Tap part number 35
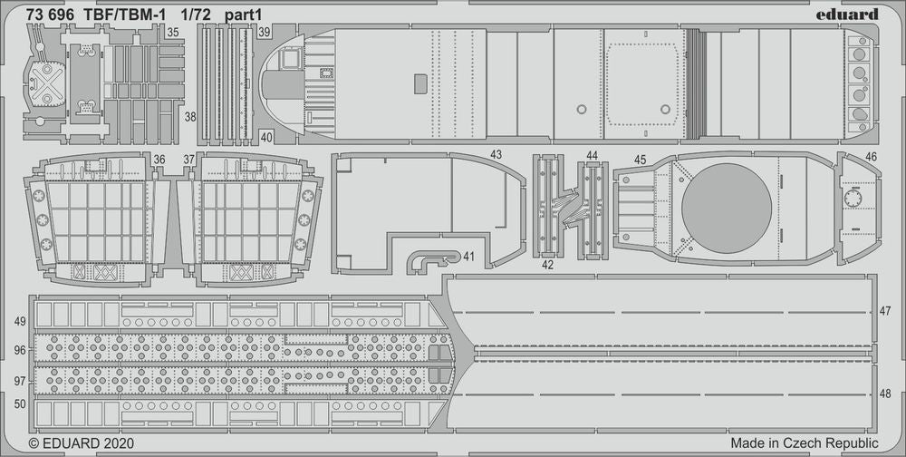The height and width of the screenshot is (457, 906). [173, 32]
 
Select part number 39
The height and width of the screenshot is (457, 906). [264, 32]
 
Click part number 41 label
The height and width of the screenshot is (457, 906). [468, 257]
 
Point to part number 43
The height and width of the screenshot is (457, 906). [496, 155]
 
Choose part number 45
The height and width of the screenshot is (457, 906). [640, 160]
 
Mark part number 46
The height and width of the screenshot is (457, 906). [871, 156]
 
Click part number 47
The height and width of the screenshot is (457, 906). [885, 311]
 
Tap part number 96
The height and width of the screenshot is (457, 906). [20, 349]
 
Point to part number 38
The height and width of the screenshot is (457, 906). [189, 117]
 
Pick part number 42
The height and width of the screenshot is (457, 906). [546, 265]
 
